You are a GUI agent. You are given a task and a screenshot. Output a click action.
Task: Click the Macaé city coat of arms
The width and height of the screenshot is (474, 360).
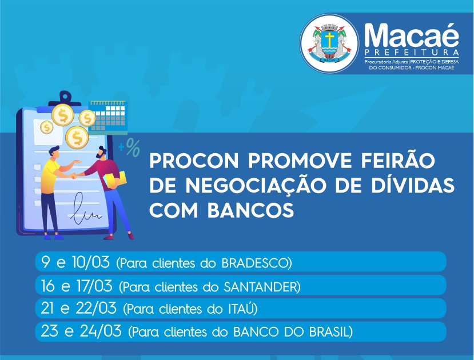coord(329,43)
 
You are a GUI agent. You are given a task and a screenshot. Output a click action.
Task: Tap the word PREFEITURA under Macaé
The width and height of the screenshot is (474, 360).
coord(412,53)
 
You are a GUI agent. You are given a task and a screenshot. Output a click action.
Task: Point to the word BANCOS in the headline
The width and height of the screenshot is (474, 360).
coord(250,210)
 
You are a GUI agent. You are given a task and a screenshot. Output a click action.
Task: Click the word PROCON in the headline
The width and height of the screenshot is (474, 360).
coord(194,161)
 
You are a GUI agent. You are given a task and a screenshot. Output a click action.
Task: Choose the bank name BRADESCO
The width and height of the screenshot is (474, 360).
coord(255,263)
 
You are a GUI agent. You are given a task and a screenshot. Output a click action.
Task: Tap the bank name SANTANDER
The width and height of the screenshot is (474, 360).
coord(260,286)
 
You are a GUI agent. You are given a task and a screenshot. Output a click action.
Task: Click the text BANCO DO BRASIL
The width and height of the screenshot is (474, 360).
coord(292,332)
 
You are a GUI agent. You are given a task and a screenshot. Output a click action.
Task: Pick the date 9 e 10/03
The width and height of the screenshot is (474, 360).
coord(75,262)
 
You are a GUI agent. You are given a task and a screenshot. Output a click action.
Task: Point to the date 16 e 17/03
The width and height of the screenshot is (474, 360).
coord(77,285)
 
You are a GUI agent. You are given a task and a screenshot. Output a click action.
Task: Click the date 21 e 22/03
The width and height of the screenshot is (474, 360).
coord(78,308)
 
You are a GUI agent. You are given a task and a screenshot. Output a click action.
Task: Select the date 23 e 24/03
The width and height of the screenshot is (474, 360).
coord(81,331)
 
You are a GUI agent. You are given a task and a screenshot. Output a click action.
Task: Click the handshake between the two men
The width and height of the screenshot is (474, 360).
coord(73,176)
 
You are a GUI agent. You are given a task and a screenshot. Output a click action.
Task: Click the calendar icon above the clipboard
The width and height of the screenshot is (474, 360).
coord(108,118)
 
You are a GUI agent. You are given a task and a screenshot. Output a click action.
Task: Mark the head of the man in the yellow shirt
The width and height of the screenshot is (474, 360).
coord(54,151)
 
